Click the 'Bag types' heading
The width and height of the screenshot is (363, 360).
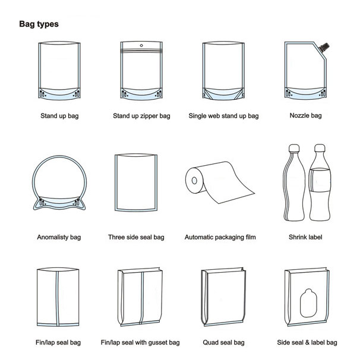coord(39,24)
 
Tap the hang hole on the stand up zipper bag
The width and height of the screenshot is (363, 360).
coord(141,45)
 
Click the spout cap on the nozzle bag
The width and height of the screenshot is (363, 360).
coord(324,47)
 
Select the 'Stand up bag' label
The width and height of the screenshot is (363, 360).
coord(59,116)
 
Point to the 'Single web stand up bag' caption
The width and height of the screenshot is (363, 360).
coord(223,116)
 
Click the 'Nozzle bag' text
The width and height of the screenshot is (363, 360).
coord(305,115)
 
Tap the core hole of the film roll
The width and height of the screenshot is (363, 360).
coord(194,181)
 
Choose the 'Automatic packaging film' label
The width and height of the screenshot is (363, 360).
coord(220,237)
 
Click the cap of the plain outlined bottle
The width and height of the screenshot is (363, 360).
coord(294,148)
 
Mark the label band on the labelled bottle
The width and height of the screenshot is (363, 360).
coord(320,180)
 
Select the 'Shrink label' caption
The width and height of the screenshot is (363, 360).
coord(305,237)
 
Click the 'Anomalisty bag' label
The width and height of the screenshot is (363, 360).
coord(59,237)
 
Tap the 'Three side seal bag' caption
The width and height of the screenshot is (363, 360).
coord(136,237)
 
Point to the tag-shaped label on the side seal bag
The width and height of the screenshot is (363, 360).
coord(308,303)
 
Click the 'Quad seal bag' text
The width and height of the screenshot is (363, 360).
coord(223,342)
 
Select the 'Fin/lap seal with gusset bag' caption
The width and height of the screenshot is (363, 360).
coord(140,342)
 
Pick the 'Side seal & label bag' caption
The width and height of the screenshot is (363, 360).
coord(307,342)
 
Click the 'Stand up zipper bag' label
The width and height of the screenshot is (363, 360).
coord(141,116)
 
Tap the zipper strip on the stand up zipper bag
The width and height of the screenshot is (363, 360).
coord(141,50)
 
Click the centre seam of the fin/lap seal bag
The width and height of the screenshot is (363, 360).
coord(58,298)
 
